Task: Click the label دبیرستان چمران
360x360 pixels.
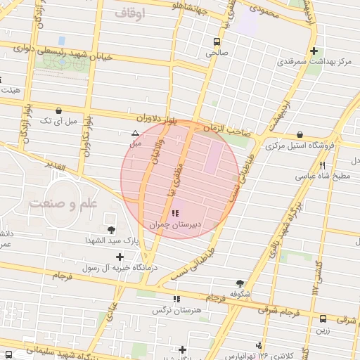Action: (x=174, y=225)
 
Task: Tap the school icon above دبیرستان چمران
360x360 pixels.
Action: (x=174, y=213)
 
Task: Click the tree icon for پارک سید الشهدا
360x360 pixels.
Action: (x=110, y=229)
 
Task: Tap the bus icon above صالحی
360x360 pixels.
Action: (x=215, y=41)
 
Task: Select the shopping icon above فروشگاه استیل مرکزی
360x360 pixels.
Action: (x=300, y=134)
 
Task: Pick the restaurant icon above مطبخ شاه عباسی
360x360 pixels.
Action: (x=322, y=166)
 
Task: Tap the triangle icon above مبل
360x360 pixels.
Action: (x=135, y=133)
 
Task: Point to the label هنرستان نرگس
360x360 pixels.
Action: (x=176, y=310)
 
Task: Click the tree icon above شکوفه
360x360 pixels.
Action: (x=240, y=283)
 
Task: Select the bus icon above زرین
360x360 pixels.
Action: (x=323, y=319)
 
